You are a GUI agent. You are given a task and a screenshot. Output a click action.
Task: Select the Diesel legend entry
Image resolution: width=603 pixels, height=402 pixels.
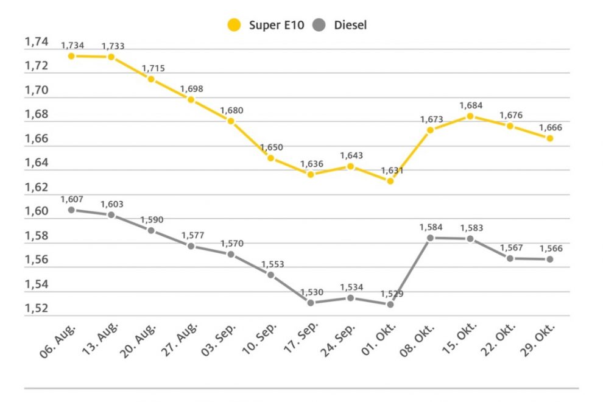point(341,25)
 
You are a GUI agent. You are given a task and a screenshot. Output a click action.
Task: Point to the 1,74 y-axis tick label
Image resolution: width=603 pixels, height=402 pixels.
point(36,41)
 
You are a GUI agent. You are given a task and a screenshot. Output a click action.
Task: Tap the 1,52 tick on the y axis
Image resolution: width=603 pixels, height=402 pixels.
point(36,308)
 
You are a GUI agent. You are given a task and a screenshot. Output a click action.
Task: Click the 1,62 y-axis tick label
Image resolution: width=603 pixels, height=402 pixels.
point(36,187)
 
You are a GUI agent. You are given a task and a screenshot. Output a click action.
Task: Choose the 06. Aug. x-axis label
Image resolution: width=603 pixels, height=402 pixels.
point(58,342)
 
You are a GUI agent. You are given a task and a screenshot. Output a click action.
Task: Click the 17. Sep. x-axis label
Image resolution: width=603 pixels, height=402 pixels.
point(298,342)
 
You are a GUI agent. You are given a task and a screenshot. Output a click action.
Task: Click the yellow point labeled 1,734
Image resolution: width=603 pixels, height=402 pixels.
point(71,56)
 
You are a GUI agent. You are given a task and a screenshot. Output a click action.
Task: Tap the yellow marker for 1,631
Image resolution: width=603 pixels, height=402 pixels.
point(390,181)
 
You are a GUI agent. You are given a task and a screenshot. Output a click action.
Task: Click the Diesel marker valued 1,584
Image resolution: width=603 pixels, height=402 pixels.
point(430,238)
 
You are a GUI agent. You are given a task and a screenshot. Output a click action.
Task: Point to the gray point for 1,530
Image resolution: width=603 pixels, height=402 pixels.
point(311,303)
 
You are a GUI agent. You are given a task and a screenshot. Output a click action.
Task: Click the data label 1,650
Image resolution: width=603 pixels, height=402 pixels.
point(272,147)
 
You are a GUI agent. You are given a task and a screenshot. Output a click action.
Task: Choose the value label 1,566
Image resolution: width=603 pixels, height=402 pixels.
point(551,249)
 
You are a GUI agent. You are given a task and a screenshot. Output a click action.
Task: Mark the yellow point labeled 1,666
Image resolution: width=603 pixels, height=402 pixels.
point(550,138)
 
